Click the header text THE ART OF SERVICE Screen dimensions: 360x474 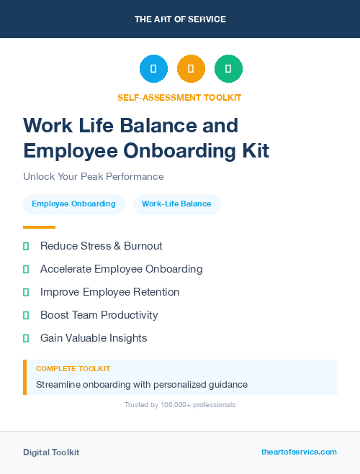pos(180,19)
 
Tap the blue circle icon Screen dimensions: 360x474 pos(153,69)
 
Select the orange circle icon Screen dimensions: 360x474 pos(191,69)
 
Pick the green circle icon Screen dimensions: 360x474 pos(228,69)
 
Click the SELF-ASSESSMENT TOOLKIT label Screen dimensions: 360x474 pos(180,97)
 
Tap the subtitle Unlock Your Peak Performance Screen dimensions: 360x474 pos(94,176)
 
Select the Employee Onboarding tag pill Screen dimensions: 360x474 pos(73,204)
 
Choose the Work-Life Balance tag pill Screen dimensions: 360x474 pos(176,204)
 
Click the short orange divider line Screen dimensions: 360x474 pos(39,227)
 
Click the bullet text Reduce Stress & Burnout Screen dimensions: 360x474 pos(102,246)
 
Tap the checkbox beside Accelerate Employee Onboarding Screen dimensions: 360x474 pos(26,269)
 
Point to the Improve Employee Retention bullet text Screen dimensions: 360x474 pos(110,292)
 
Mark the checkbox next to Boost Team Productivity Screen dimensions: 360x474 pos(26,315)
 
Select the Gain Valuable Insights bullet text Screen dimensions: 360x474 pos(94,338)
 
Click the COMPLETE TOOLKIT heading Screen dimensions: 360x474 pos(73,369)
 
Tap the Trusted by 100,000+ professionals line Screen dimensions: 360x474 pos(180,405)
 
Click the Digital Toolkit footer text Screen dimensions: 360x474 pos(51,452)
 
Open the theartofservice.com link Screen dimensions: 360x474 pos(299,452)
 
